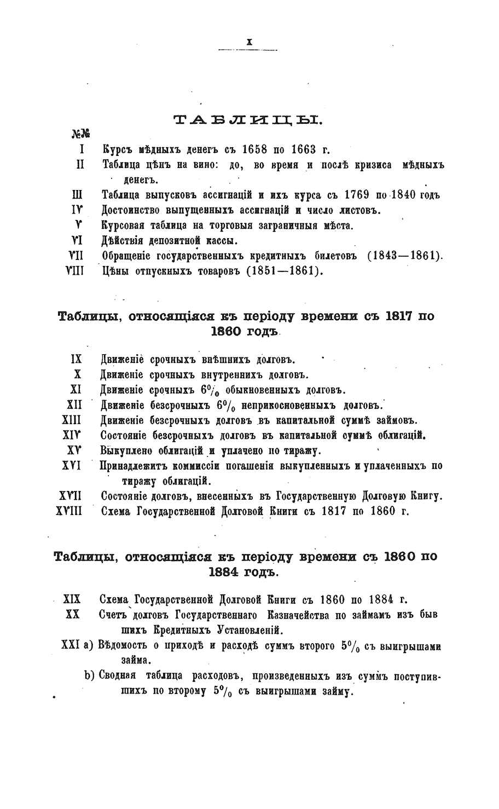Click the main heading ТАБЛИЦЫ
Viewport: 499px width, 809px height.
[249, 120]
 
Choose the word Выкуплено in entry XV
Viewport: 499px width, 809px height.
[127, 451]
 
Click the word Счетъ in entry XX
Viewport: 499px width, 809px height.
[116, 614]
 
